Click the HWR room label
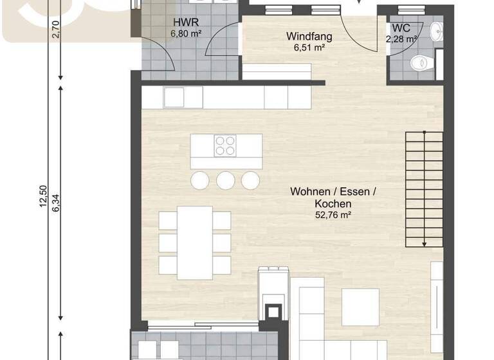click(x=181, y=21)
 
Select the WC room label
click(x=401, y=29)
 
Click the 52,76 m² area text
click(x=333, y=215)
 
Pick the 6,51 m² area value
click(x=305, y=47)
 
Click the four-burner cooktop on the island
click(x=225, y=146)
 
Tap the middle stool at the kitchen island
click(x=225, y=180)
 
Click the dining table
click(x=195, y=242)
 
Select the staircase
click(x=424, y=189)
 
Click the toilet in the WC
click(x=419, y=63)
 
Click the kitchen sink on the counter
click(x=174, y=97)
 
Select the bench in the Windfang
click(x=276, y=70)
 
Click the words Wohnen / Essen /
click(x=333, y=192)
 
